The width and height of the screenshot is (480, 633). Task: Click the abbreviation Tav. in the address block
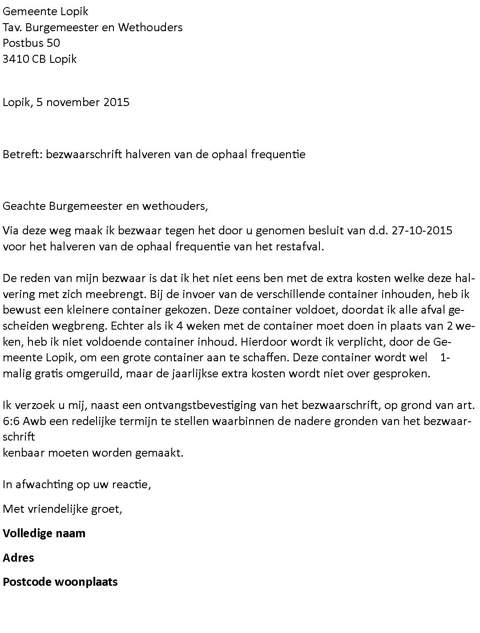tap(12, 28)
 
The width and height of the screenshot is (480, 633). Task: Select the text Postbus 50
tap(31, 43)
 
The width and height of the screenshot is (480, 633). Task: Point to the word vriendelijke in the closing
tap(59, 509)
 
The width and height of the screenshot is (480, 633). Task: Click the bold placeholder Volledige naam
tap(44, 533)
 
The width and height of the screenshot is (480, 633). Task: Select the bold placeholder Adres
tap(18, 558)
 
